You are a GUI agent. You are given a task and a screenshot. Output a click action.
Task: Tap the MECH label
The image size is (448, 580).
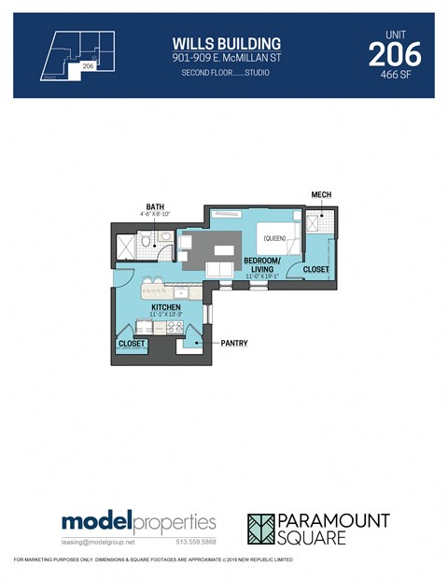point(321,195)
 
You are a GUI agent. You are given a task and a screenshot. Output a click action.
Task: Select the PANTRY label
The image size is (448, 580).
point(234,344)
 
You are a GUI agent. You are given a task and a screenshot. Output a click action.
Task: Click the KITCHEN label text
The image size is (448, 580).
point(165,306)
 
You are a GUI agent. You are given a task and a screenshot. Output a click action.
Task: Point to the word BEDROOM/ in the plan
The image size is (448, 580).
point(264,260)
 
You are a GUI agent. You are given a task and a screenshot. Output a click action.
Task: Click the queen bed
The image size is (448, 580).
point(278,237)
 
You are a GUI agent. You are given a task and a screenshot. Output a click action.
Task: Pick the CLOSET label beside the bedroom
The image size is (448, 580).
point(316,270)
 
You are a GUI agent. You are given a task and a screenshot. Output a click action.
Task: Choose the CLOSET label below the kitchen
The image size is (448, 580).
point(132,344)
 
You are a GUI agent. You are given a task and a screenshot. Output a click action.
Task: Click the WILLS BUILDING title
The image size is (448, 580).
point(226,43)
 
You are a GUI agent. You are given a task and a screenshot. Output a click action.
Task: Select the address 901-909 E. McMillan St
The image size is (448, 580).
point(226,57)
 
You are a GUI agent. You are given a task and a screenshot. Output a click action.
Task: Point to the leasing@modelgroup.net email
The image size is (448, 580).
point(98,542)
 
